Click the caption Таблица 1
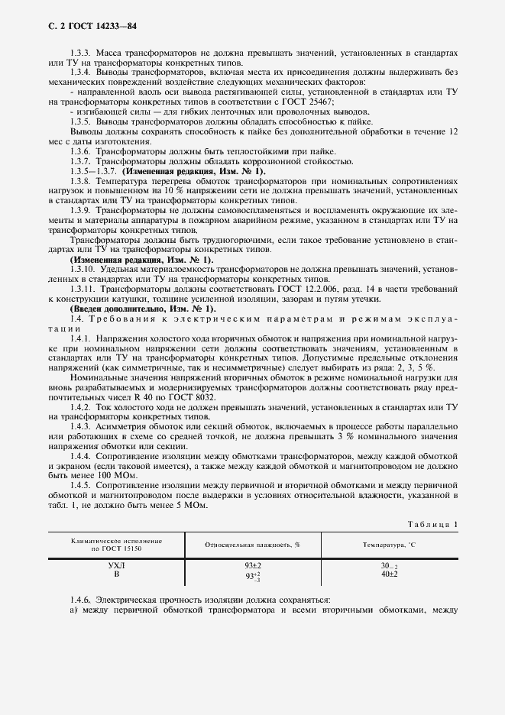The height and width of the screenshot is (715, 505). coord(432,524)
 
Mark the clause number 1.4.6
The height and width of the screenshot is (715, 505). coord(82,600)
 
